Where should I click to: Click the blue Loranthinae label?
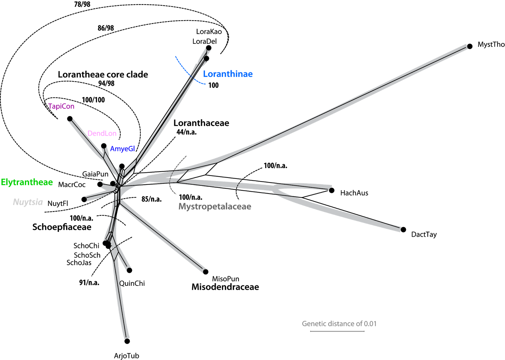coord(228,74)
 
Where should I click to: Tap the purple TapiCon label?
coord(61,106)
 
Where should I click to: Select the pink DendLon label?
coord(102,133)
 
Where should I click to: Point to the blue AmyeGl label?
coord(122,149)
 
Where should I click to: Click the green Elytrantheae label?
coord(27,182)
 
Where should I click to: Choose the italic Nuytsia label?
coord(28,202)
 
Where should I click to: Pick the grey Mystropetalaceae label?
coord(215,207)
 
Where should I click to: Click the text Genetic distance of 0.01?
coord(339,324)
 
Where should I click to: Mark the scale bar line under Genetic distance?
coord(337,331)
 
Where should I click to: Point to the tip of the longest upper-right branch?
coord(466,47)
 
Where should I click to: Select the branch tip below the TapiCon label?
coord(70,120)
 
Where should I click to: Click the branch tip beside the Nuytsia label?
coord(86,199)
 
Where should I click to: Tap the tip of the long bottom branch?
coord(127,337)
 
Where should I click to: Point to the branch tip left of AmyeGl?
coord(104,148)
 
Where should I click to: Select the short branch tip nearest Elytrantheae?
coord(102,183)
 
